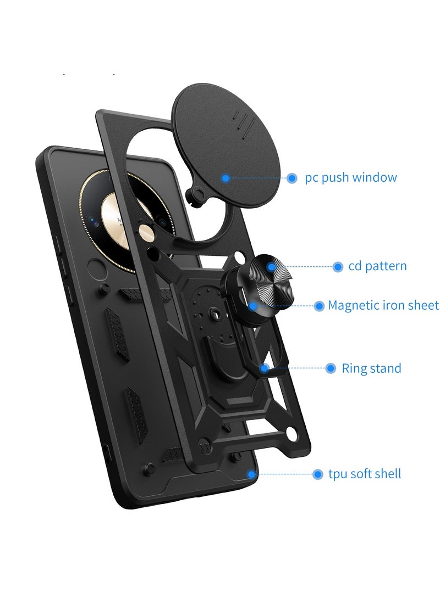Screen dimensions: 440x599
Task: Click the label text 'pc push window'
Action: coord(350,178)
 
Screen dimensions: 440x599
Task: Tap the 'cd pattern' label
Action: coord(377,266)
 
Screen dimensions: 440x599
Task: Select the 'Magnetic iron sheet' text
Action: coord(383,305)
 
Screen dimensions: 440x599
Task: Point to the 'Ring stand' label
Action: coord(371,368)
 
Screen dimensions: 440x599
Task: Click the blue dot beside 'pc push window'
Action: coord(292,178)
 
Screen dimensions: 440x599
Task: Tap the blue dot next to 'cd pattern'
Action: coord(338,267)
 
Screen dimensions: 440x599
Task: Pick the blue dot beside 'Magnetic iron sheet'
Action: coord(319,306)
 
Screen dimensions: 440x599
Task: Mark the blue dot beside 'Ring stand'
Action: coord(331,368)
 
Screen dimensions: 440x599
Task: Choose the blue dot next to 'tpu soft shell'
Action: coord(317,474)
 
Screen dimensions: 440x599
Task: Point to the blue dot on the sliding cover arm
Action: coord(226,178)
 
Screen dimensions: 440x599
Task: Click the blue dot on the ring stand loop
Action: coord(265,368)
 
